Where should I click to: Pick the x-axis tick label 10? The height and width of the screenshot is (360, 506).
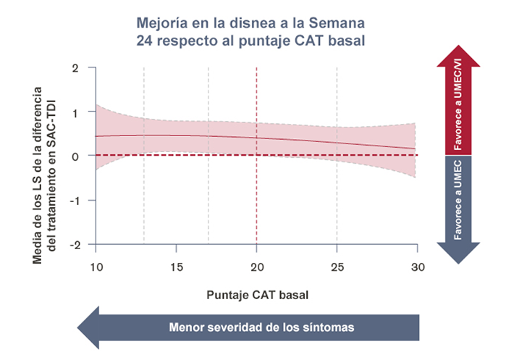pyautogui.click(x=96, y=267)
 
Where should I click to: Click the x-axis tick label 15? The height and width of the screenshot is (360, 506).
pyautogui.click(x=176, y=267)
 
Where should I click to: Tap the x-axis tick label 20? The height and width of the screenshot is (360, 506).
pyautogui.click(x=256, y=267)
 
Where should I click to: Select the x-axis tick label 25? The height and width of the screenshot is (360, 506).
pyautogui.click(x=337, y=267)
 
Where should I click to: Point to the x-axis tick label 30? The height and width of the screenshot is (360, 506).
pyautogui.click(x=416, y=267)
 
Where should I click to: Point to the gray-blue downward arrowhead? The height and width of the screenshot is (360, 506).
pyautogui.click(x=457, y=254)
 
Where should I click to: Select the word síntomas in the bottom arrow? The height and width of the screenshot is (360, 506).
pyautogui.click(x=329, y=327)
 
